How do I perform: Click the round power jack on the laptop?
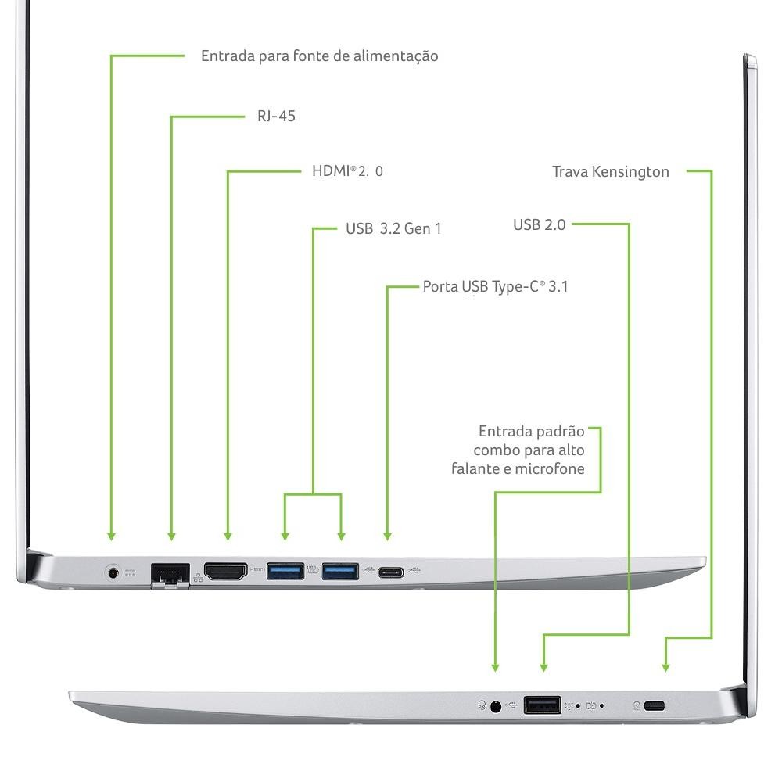(x=116, y=572)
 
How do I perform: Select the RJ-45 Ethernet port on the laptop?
(x=170, y=572)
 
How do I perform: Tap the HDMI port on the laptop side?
(x=225, y=572)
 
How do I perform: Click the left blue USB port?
(x=285, y=572)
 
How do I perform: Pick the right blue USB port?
(x=340, y=572)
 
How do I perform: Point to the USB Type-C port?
(x=389, y=572)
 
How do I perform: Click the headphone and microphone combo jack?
(x=495, y=705)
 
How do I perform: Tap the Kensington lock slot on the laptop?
(x=655, y=706)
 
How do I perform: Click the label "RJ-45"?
(x=276, y=117)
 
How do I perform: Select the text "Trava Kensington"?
(x=610, y=171)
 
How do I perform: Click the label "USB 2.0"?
(x=539, y=225)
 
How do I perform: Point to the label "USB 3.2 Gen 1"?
(x=393, y=229)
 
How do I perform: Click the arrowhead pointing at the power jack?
(x=111, y=536)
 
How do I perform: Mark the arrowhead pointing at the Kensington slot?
(x=665, y=667)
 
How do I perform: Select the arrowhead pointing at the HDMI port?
(x=228, y=536)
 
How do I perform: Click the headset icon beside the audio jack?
(x=482, y=705)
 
